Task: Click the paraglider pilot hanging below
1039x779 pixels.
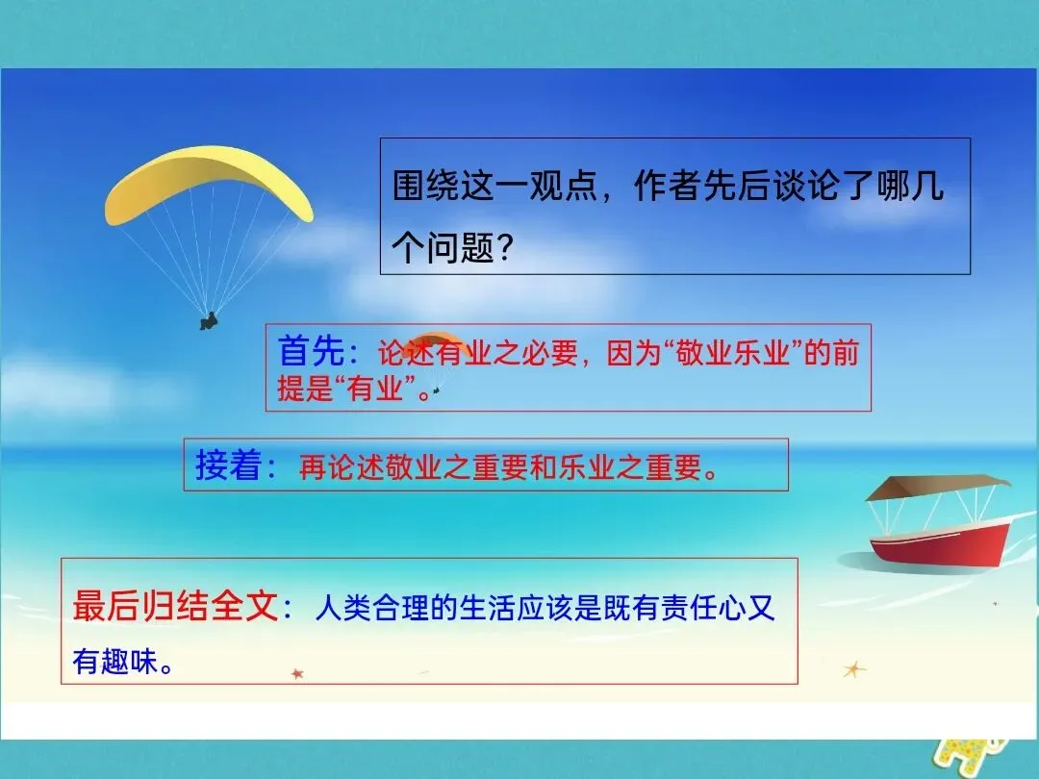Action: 209,321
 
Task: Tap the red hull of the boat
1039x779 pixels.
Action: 940,544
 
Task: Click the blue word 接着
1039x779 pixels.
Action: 229,465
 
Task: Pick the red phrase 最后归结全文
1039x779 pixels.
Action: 175,605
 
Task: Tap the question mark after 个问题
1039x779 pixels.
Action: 505,248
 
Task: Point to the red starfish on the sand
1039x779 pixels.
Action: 297,673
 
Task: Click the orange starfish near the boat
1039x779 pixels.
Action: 854,669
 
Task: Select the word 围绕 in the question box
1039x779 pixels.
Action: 425,186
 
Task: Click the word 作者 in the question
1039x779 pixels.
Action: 668,186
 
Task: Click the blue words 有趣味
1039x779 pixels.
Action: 115,661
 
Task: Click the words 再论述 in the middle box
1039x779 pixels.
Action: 342,467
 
